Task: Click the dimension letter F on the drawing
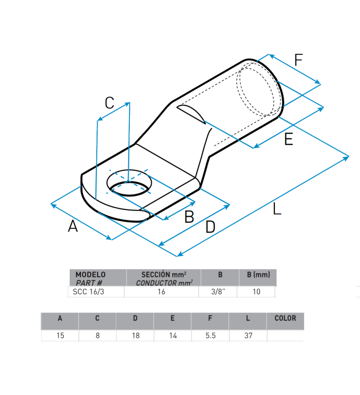tap(298, 60)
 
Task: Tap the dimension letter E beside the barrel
tap(289, 139)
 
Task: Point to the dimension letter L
tap(277, 209)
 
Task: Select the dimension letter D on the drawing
tap(210, 227)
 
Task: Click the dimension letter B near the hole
tap(189, 217)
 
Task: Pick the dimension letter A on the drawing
tap(73, 226)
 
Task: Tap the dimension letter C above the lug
tap(110, 103)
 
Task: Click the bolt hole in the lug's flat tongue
tap(129, 183)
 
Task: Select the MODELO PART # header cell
tap(98, 277)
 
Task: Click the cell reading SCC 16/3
tap(88, 292)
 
